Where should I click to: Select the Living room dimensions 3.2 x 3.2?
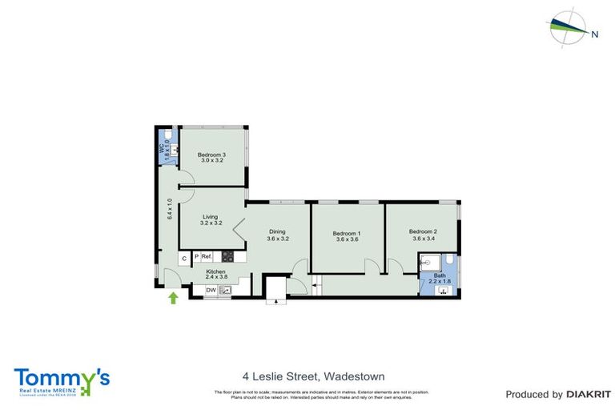tap(211, 223)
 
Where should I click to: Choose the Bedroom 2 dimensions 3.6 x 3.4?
tap(424, 238)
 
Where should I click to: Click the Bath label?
tap(439, 275)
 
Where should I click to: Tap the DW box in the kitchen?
tap(211, 290)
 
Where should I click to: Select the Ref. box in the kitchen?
tap(206, 257)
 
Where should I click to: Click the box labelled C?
tap(184, 257)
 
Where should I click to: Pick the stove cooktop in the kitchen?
tap(227, 257)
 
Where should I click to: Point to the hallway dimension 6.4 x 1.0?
tap(170, 209)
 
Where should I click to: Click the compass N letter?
tap(594, 34)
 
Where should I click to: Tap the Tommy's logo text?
tap(61, 378)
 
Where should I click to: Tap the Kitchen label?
tap(215, 272)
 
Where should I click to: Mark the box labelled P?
tap(195, 257)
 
